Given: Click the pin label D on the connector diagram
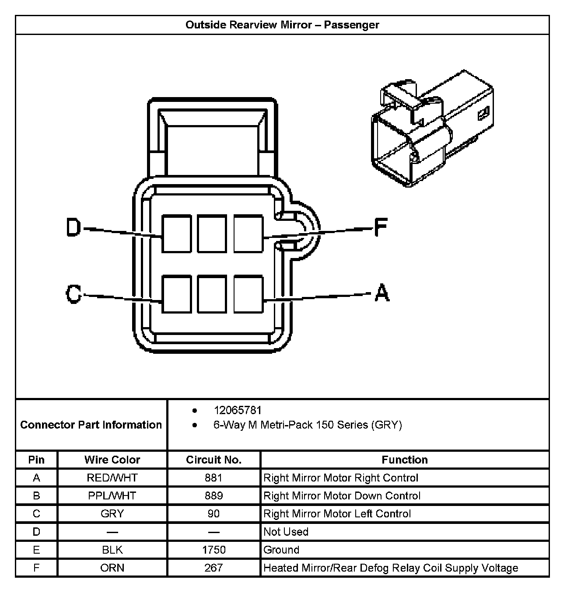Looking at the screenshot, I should coord(73,227).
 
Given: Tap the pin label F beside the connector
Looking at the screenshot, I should coord(381,227).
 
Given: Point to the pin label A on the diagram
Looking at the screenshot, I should coord(381,293).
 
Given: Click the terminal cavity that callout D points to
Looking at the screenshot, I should coord(176,234).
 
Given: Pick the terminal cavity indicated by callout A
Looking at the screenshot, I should coord(248,294).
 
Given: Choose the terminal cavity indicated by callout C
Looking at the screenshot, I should coord(176,294).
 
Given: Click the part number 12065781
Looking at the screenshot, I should coord(237,410).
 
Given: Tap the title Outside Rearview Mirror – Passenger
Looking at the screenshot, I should coord(282,25).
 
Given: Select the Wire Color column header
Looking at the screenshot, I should coord(112,460).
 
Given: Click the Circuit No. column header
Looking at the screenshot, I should coord(213,460).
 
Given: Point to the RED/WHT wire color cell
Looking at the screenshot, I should coord(112,478).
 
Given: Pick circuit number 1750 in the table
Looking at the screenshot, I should coord(213,550).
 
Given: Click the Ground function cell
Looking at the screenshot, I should coord(281,550).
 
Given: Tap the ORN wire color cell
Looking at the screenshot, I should coord(112,568).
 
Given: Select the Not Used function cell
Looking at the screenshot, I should coord(286,532).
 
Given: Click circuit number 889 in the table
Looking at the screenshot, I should coord(213,496).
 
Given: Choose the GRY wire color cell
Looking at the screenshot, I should coord(112,514).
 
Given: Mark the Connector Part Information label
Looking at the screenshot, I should coord(91,425).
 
